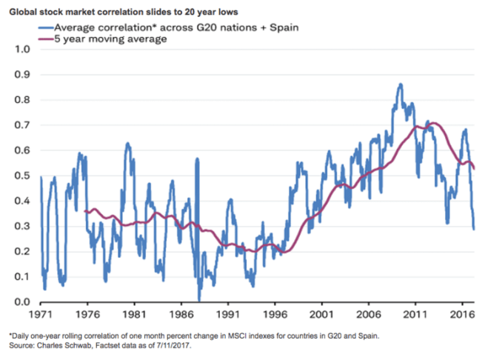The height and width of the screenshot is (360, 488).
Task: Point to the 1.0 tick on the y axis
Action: [21, 50]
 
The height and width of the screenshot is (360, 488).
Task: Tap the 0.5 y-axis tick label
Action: [21, 176]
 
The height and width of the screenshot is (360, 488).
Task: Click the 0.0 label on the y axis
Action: [21, 302]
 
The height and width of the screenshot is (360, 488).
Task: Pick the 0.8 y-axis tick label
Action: [21, 100]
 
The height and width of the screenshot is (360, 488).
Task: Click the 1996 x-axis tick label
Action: [275, 314]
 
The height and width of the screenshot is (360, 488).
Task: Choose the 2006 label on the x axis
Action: [368, 314]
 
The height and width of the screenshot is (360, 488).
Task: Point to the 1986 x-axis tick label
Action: [181, 314]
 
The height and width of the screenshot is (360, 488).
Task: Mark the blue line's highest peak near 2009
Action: [401, 84]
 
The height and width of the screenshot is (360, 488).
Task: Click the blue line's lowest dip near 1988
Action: [198, 299]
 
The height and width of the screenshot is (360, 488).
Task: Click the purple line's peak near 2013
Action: [433, 123]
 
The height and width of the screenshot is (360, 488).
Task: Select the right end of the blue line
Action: [474, 229]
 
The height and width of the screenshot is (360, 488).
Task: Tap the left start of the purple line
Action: [85, 212]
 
